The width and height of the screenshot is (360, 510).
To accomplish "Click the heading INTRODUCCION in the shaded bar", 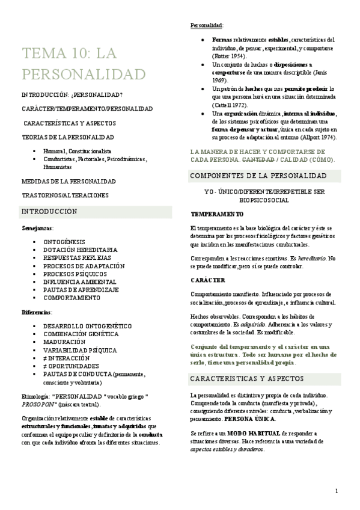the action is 49,212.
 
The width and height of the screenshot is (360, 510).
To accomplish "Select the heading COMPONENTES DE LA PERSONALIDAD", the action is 258,176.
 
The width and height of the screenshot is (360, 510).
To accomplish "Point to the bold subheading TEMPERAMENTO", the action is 217,214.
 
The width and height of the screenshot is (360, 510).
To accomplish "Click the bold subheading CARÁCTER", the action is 208,280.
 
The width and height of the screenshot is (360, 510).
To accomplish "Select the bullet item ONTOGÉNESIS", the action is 64,241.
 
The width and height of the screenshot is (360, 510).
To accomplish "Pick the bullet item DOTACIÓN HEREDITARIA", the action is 80,249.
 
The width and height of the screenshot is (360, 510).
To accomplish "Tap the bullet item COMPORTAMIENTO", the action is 72,298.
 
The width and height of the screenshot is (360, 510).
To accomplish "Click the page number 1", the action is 337,491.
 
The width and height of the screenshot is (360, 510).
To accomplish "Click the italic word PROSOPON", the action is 40,405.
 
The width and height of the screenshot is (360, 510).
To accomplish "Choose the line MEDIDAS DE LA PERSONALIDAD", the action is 69,181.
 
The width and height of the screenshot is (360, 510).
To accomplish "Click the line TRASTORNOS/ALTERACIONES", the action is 65,195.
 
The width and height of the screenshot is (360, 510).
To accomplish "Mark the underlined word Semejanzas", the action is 37,229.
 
